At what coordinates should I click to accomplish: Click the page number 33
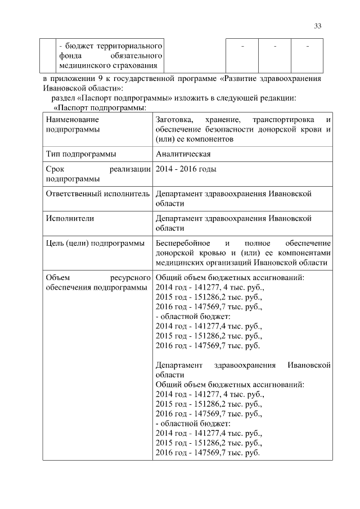[x=318, y=26]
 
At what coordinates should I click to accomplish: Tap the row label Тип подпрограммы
[x=82, y=154]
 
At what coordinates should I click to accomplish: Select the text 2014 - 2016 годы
[x=186, y=169]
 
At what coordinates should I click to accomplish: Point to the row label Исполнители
[x=70, y=218]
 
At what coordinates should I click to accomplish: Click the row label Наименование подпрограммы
[x=73, y=124]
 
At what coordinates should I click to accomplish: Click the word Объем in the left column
[x=58, y=278]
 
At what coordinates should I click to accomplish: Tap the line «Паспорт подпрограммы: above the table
[x=92, y=107]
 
